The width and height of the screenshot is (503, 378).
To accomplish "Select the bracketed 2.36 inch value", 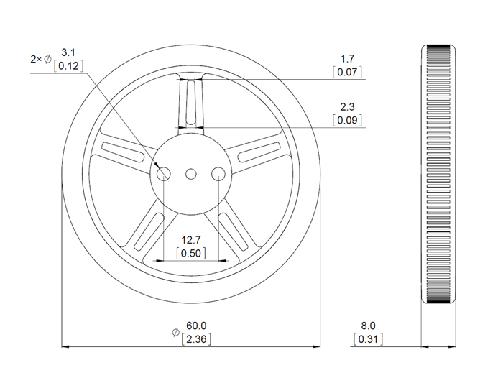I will [x=196, y=338].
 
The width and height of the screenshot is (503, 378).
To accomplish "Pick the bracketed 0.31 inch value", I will [x=368, y=338].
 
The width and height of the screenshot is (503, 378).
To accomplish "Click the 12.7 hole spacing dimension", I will [x=191, y=240].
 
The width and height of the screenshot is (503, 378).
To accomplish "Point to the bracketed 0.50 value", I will [x=191, y=253].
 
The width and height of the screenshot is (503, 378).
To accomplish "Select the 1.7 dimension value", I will [x=348, y=59].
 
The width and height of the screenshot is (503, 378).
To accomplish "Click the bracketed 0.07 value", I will [x=348, y=72].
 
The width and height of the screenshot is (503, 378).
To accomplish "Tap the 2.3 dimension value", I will [x=348, y=107].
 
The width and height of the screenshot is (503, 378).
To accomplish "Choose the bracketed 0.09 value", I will [x=348, y=120].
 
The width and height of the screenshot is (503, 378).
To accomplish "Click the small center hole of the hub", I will [x=191, y=172].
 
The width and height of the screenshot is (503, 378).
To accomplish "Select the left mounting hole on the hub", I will [x=164, y=172].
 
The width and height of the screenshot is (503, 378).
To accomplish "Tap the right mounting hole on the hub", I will [x=218, y=172].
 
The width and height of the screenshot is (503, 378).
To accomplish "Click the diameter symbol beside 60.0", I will [x=175, y=332].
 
